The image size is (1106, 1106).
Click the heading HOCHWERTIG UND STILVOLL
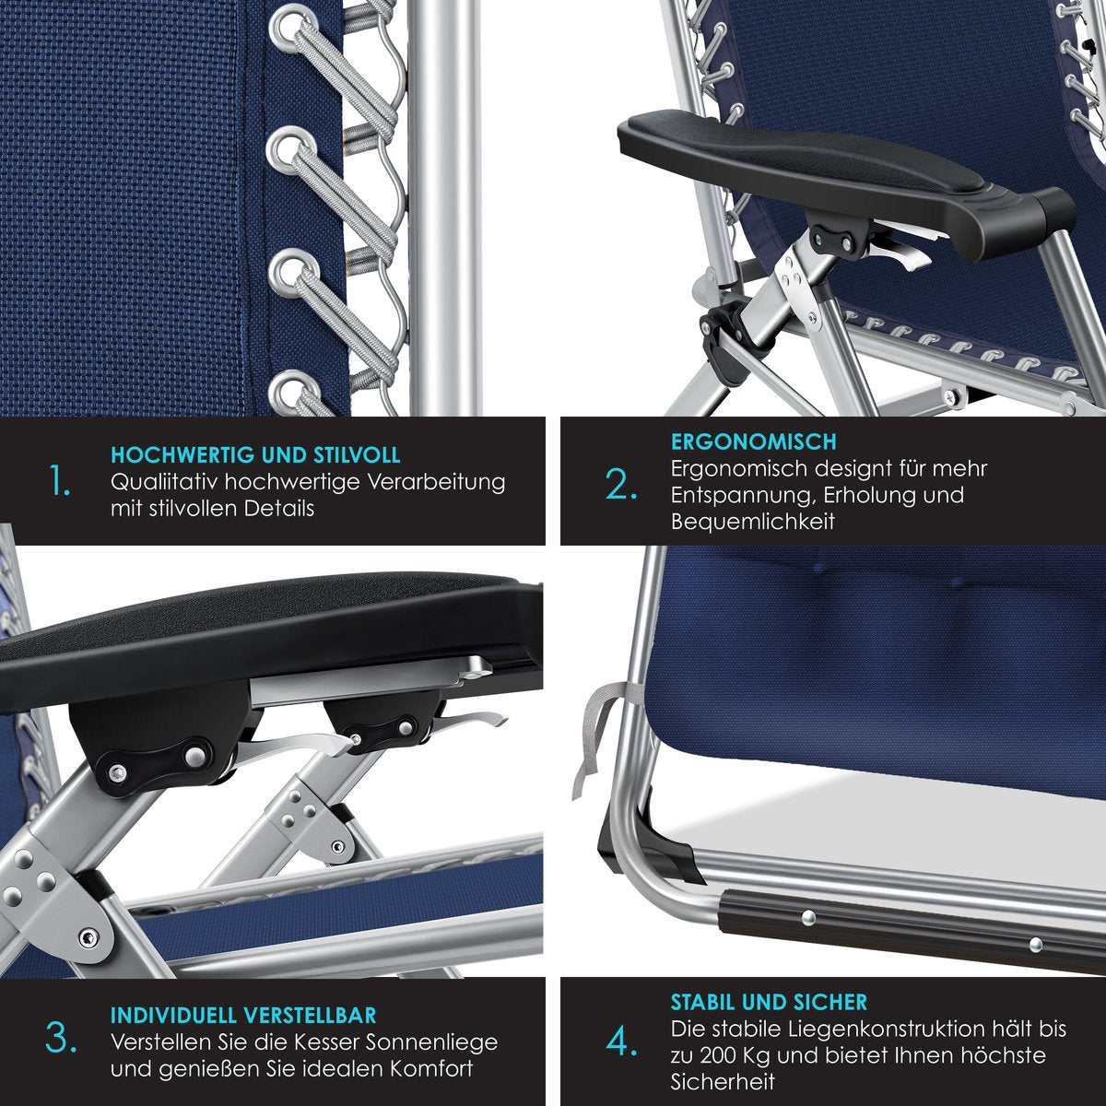pos(255,455)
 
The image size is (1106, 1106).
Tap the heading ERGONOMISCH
pos(754,441)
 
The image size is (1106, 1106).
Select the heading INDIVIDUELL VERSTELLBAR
pos(243,1015)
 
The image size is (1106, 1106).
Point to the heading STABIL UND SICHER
pos(769,1002)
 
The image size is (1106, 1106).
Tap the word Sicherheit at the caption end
pos(723,1081)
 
